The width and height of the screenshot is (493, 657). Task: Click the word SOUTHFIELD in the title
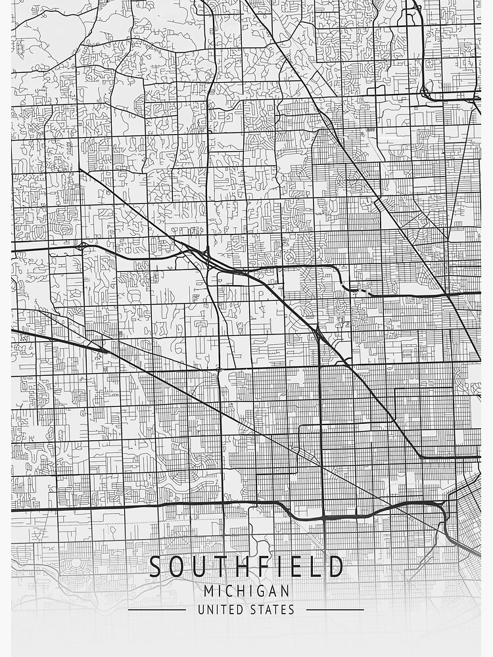coord(246,566)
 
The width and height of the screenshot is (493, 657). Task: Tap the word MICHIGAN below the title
coord(246,591)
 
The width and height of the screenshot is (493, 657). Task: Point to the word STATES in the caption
coord(272,610)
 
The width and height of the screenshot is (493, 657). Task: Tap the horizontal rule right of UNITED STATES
coord(335,610)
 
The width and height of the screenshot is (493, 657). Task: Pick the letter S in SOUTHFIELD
coord(156,566)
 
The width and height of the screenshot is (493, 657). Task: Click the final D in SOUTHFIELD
coord(336,566)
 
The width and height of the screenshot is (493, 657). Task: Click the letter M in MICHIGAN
coord(208,591)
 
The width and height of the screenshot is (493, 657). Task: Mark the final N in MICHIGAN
coord(285,591)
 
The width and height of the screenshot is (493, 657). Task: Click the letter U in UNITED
coord(201,610)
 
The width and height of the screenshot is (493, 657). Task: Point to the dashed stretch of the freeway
coord(359,289)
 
